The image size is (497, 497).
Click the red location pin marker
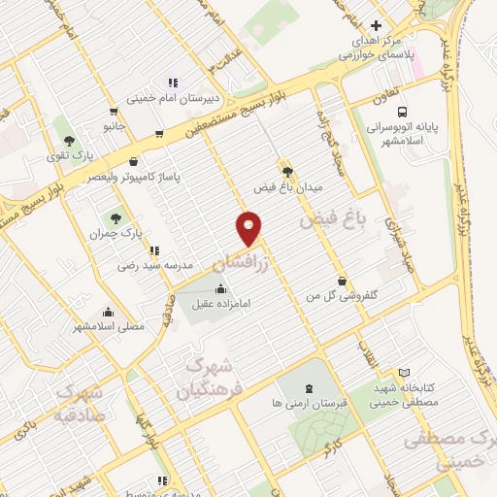coord(249,229)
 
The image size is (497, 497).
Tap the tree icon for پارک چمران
coord(116,218)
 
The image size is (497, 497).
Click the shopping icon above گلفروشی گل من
coord(342,279)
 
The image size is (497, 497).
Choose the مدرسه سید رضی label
coord(151,264)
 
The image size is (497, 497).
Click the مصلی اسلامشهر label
coord(108,327)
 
